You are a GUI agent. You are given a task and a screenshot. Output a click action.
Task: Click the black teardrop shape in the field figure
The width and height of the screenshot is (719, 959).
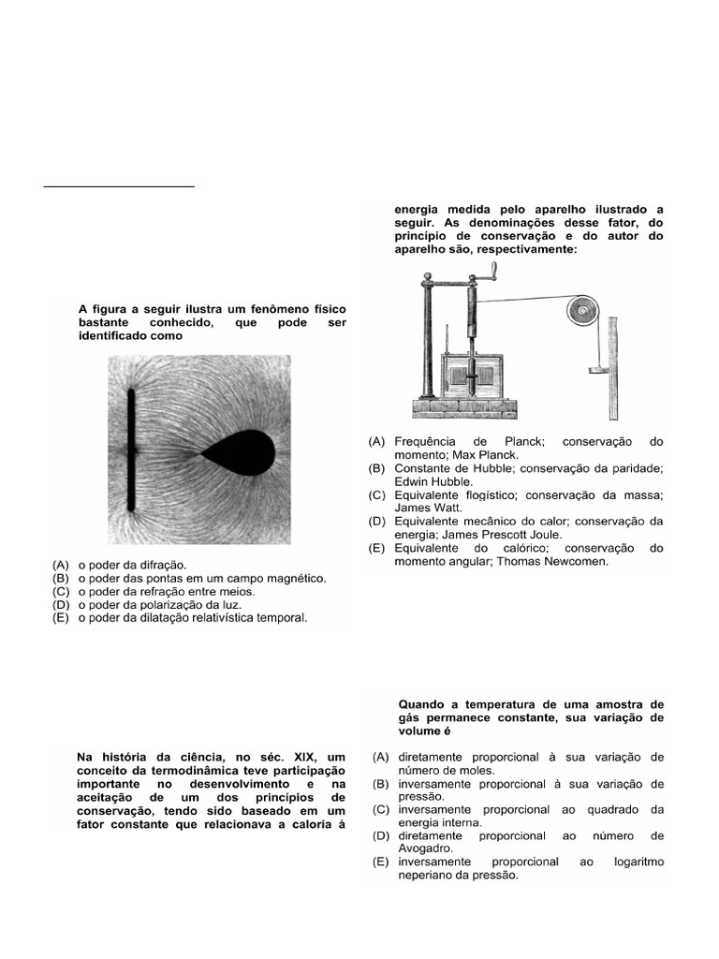pyautogui.click(x=242, y=454)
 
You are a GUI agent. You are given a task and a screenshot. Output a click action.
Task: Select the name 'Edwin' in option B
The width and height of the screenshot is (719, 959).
pyautogui.click(x=414, y=480)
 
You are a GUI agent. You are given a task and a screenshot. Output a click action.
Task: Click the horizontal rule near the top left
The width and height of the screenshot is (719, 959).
pyautogui.click(x=119, y=186)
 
